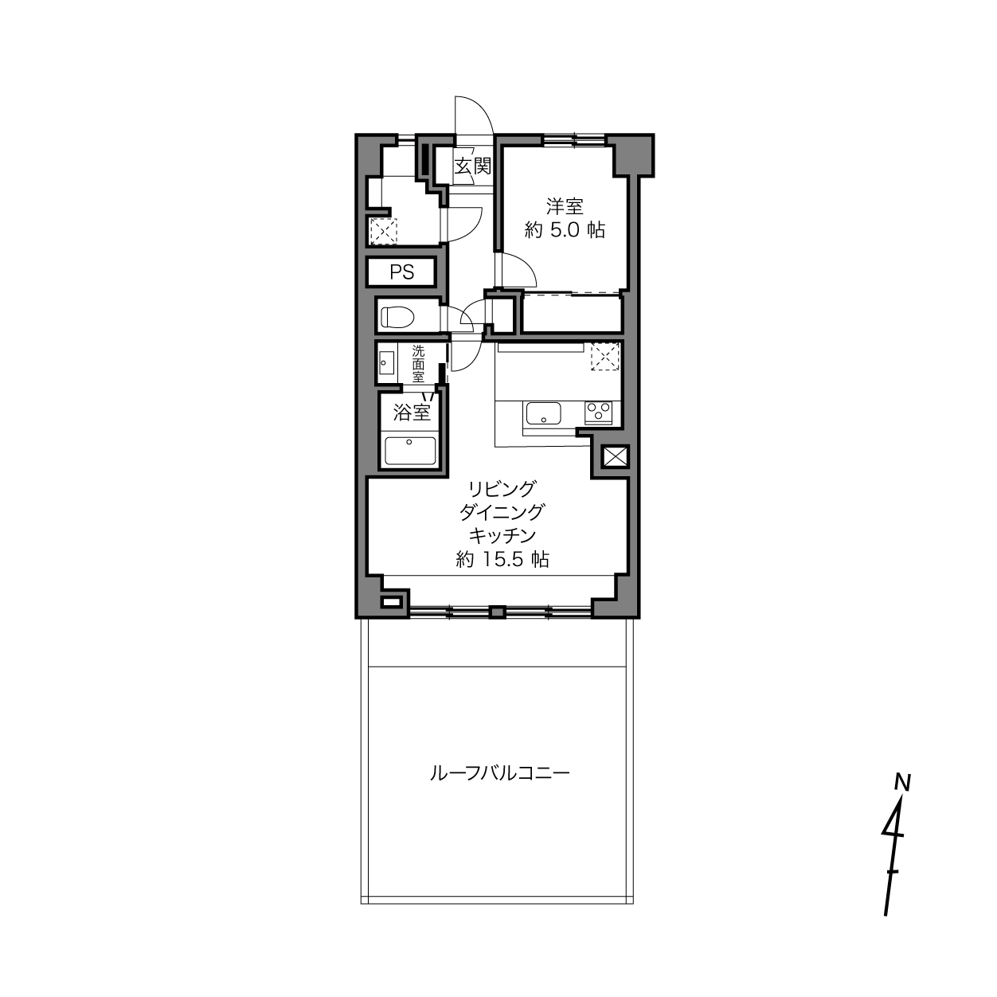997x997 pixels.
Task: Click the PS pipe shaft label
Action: (402, 272)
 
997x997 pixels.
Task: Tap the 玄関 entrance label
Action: (472, 166)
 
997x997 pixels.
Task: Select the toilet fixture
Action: (397, 317)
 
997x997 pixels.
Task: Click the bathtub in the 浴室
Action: (410, 451)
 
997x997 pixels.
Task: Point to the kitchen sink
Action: (543, 413)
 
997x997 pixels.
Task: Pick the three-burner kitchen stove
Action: (599, 412)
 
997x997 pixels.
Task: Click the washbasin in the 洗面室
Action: (386, 362)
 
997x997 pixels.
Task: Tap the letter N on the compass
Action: (902, 798)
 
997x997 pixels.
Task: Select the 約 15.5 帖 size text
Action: (502, 560)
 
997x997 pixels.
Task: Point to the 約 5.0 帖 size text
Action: (565, 230)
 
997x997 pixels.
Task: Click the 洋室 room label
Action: (565, 206)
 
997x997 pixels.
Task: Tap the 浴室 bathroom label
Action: (412, 412)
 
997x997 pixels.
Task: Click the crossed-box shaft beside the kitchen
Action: (616, 457)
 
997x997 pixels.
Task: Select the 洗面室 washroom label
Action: (418, 364)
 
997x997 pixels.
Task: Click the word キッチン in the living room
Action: (502, 536)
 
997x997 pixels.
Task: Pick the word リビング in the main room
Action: (502, 488)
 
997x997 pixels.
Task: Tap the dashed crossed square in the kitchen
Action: (605, 357)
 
